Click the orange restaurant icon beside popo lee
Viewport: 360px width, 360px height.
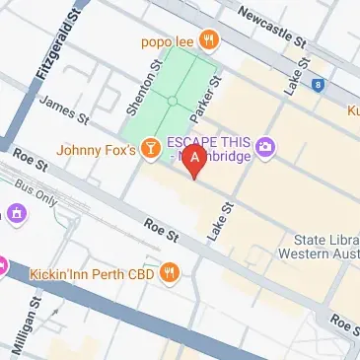(208, 40)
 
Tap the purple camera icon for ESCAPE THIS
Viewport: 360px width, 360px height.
(265, 148)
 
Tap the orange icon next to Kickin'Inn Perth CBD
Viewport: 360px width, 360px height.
(171, 270)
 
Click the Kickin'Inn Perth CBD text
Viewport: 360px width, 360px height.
(94, 270)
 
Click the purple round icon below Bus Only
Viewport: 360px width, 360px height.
(17, 212)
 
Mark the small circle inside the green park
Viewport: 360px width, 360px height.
(173, 101)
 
